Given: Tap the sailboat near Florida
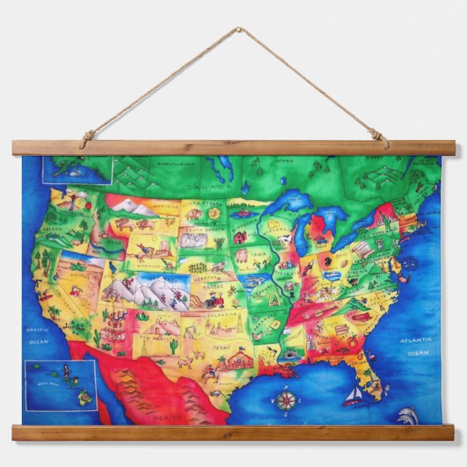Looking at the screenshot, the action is [353, 395].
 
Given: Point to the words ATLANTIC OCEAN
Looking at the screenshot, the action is [418, 346].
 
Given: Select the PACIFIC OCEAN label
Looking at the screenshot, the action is [37, 336].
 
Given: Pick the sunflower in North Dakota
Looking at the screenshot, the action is [214, 213].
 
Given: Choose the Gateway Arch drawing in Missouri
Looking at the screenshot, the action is [274, 298].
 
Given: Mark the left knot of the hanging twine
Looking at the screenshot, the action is [87, 136].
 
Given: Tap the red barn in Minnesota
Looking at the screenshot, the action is [240, 236].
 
